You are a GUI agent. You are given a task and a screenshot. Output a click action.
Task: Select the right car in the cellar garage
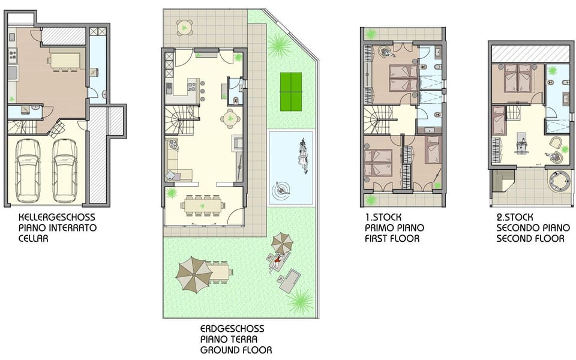tap(64, 170)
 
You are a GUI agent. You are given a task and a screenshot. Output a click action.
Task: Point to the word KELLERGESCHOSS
tap(56, 217)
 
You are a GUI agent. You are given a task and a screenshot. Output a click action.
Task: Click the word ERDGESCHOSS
tap(232, 329)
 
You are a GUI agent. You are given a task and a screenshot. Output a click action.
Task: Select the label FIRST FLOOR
tap(392, 239)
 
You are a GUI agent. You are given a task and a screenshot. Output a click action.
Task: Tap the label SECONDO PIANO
tap(530, 228)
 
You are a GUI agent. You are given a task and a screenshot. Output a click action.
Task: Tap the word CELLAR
tap(34, 238)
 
